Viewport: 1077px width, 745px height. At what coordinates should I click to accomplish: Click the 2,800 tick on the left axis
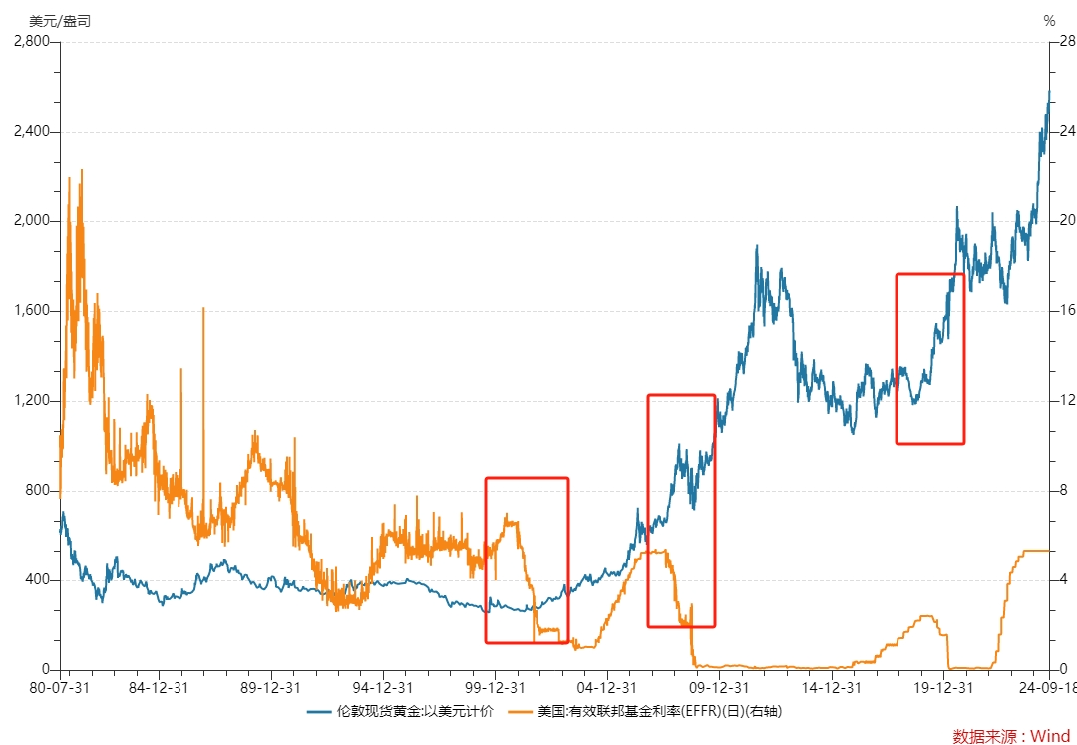[x=32, y=41]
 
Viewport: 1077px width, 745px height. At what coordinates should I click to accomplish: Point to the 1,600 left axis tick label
[x=32, y=310]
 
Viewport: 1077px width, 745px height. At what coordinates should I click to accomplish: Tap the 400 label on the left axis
[x=38, y=579]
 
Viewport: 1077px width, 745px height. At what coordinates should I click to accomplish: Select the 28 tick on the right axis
[x=1067, y=41]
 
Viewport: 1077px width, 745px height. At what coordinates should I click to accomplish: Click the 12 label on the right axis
[x=1067, y=400]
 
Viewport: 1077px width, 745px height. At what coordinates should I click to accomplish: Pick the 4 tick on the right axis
[x=1064, y=579]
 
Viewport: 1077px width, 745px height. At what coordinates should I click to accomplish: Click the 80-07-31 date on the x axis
[x=61, y=688]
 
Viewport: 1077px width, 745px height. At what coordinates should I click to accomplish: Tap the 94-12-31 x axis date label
[x=383, y=688]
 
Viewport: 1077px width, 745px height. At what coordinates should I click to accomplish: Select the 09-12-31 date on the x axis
[x=718, y=688]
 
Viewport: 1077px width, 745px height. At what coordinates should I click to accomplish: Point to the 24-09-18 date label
[x=1047, y=688]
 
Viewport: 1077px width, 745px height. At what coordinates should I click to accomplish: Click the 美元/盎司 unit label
[x=60, y=21]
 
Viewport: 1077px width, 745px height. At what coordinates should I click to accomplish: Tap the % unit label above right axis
[x=1049, y=21]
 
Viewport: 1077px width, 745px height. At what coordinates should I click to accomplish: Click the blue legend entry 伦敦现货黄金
[x=401, y=711]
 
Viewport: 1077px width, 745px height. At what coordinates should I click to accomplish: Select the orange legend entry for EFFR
[x=645, y=711]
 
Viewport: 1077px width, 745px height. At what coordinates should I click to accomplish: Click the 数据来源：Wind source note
[x=1012, y=736]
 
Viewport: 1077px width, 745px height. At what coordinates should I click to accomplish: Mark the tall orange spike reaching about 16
[x=203, y=308]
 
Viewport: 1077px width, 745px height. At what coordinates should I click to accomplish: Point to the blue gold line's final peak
[x=1049, y=91]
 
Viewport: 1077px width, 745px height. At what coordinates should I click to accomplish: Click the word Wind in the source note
[x=1052, y=736]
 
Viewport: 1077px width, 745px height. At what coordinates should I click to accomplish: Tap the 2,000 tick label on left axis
[x=32, y=220]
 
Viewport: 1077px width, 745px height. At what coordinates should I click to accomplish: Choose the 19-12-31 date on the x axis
[x=944, y=688]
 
